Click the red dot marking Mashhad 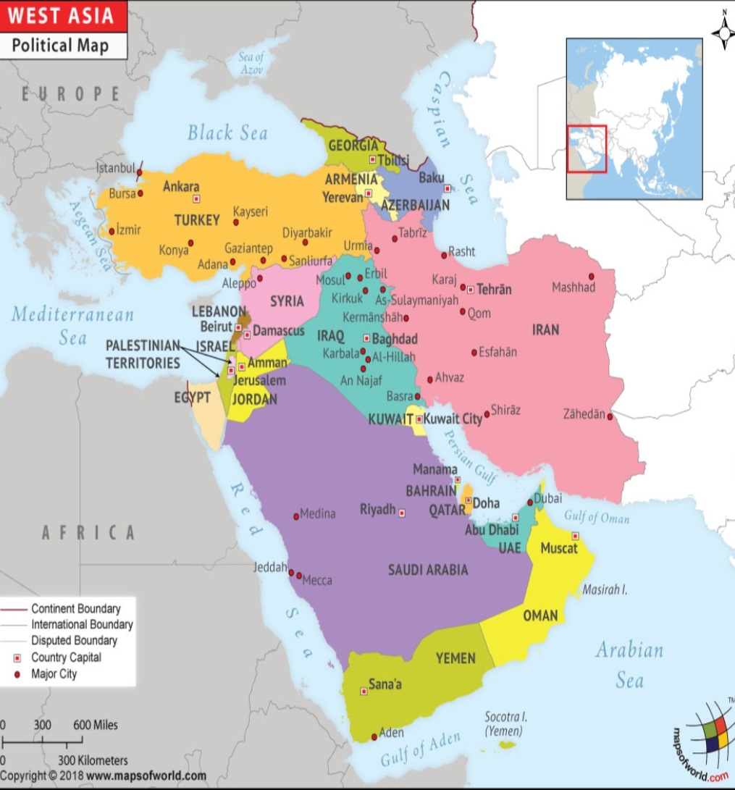click(x=591, y=276)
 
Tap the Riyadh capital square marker click(x=403, y=513)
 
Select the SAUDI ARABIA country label click(x=428, y=570)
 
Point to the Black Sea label click(x=227, y=133)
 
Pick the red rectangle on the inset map click(x=587, y=148)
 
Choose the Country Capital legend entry click(x=65, y=657)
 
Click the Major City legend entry click(x=54, y=674)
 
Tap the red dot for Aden click(x=374, y=736)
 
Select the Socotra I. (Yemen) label click(x=505, y=724)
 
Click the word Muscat click(x=559, y=548)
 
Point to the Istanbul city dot click(x=140, y=172)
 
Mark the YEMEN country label click(x=455, y=658)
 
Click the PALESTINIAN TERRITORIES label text click(x=143, y=354)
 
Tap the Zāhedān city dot click(x=610, y=416)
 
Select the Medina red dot click(x=296, y=516)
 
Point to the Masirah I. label click(x=605, y=590)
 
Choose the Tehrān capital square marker click(x=470, y=290)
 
